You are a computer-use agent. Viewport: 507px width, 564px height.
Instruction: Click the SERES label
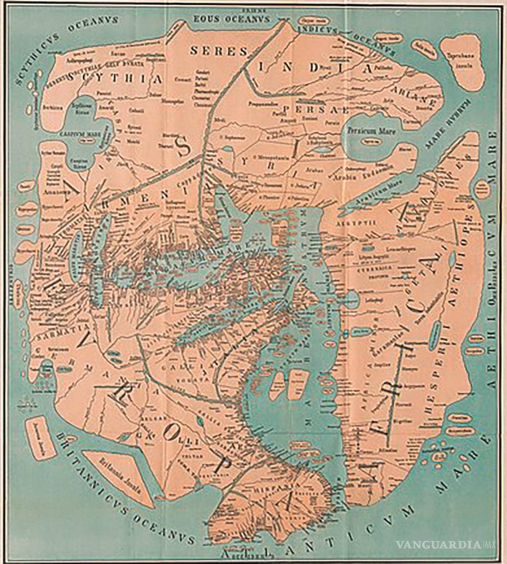pos(218,51)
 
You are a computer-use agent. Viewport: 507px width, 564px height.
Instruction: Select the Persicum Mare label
pos(372,131)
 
